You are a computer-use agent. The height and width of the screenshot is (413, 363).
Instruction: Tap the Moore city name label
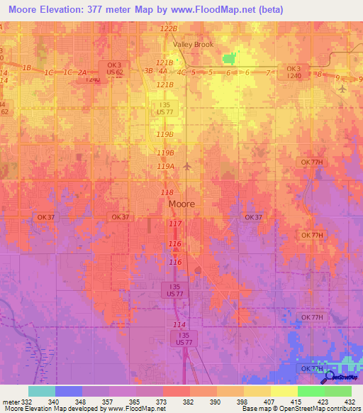181,204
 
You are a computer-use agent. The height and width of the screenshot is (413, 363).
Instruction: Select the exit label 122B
168,28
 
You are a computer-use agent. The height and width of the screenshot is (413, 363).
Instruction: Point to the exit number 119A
165,166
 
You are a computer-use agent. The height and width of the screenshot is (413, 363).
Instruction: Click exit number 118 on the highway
167,192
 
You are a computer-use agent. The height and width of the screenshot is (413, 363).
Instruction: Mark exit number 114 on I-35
179,324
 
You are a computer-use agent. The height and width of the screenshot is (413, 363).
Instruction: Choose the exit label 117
176,224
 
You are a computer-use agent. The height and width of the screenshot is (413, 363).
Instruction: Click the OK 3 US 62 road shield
116,68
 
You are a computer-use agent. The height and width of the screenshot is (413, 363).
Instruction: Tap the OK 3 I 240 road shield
294,72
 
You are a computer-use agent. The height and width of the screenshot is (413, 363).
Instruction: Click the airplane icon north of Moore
186,167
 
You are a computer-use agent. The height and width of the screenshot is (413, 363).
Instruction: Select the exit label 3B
148,71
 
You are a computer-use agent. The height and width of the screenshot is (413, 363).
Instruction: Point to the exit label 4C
181,72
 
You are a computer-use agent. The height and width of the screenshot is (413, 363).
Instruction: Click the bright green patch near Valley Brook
228,58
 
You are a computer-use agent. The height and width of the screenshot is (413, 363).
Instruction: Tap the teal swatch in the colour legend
41,391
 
